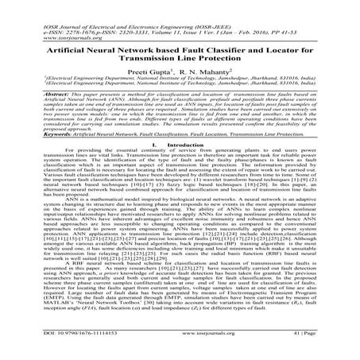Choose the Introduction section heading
pos(186,145)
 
